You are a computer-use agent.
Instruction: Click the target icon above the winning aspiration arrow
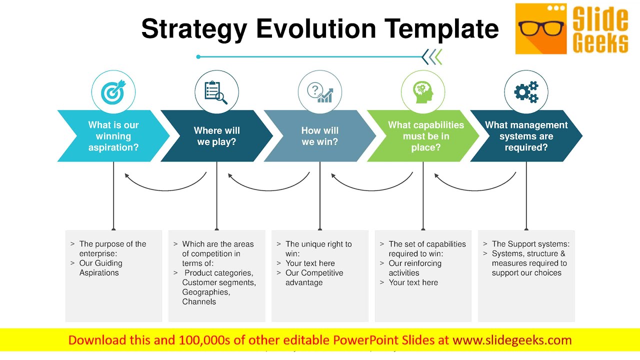click(x=113, y=92)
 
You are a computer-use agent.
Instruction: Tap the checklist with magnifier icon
click(x=216, y=92)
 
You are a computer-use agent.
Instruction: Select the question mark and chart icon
click(x=319, y=92)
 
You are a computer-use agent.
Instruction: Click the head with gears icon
click(x=423, y=92)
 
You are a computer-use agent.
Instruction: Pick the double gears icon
click(x=526, y=92)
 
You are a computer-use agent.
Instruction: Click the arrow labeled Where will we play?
click(x=216, y=136)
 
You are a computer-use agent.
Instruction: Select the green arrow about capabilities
click(x=425, y=136)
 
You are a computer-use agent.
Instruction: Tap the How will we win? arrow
click(x=319, y=136)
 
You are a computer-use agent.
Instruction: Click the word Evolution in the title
click(x=315, y=28)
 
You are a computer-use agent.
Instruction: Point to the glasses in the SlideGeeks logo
click(x=540, y=28)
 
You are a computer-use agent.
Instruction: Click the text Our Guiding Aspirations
click(x=100, y=268)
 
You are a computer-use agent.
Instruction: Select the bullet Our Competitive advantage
click(x=314, y=277)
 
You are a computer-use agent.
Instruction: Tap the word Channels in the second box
click(x=199, y=301)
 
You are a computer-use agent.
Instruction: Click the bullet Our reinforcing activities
click(x=415, y=268)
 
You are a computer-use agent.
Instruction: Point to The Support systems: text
click(x=530, y=244)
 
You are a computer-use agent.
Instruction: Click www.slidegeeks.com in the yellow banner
click(x=512, y=340)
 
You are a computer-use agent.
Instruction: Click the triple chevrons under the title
click(x=432, y=57)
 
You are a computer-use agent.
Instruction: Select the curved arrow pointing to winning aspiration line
click(x=165, y=182)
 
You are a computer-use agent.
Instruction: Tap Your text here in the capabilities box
click(x=413, y=282)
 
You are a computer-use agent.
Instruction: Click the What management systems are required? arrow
click(x=526, y=136)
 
